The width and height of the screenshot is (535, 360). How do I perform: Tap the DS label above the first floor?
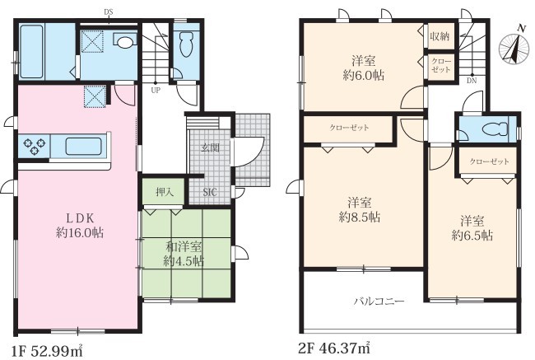(109, 12)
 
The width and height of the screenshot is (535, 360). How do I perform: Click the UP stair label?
(156, 91)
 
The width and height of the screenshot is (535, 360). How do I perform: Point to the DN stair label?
(472, 81)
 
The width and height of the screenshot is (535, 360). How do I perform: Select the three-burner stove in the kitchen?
(34, 146)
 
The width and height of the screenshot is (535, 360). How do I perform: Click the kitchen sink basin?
(83, 146)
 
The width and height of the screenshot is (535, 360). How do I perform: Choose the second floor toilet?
(494, 129)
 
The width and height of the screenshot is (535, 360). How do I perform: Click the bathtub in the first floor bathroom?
(32, 52)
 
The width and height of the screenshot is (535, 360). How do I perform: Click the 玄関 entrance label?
(210, 147)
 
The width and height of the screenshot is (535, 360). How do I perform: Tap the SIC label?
(210, 192)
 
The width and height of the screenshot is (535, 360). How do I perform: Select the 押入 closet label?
(165, 192)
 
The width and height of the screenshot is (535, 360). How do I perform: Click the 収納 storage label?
(440, 36)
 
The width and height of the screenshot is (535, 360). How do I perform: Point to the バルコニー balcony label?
(379, 302)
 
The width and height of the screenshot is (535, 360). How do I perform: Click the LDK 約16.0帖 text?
(80, 226)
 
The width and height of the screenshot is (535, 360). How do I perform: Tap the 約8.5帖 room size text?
(360, 217)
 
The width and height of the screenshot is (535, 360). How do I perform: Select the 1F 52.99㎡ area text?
(48, 350)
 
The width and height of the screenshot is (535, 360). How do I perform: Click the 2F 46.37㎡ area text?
(334, 348)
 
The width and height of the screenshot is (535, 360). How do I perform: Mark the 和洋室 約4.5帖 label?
(184, 254)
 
